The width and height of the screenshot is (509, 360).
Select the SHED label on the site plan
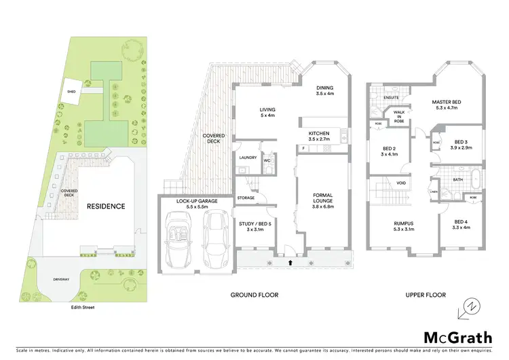(70, 90)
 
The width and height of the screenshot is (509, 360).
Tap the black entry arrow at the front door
(290, 261)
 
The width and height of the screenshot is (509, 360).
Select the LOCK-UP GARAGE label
(197, 202)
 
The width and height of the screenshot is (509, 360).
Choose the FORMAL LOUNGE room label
(322, 198)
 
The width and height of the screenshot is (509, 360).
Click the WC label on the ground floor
(267, 161)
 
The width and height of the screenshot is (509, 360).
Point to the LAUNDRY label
(246, 158)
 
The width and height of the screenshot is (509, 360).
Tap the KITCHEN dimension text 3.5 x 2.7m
(319, 139)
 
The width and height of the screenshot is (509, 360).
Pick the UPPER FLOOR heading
(425, 295)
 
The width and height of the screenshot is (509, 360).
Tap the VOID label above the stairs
(402, 182)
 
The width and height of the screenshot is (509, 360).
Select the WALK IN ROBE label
(400, 116)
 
